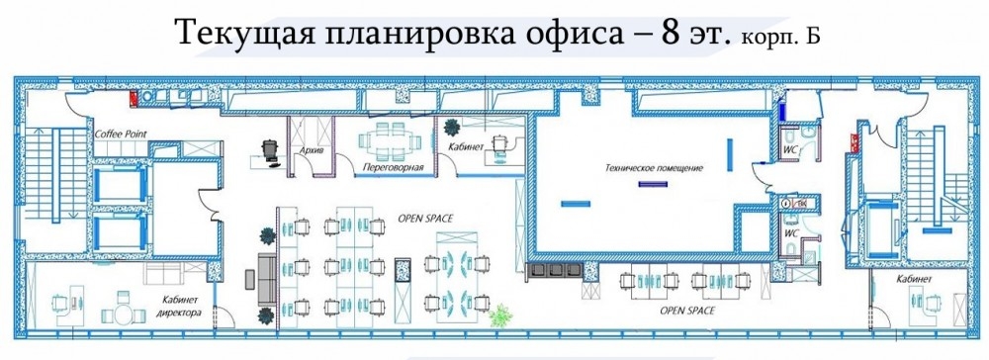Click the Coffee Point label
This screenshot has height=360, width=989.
tap(121, 135)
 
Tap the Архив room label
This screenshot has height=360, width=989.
tap(308, 150)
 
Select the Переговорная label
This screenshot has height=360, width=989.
tap(392, 168)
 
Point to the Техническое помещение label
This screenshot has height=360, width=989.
tap(654, 168)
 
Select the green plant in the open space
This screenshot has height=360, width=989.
tap(500, 315)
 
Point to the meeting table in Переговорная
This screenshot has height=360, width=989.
tap(389, 142)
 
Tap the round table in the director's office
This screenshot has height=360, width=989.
tap(123, 313)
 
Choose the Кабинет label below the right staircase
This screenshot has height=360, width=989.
tap(912, 279)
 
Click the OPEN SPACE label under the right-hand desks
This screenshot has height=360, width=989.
tap(687, 311)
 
